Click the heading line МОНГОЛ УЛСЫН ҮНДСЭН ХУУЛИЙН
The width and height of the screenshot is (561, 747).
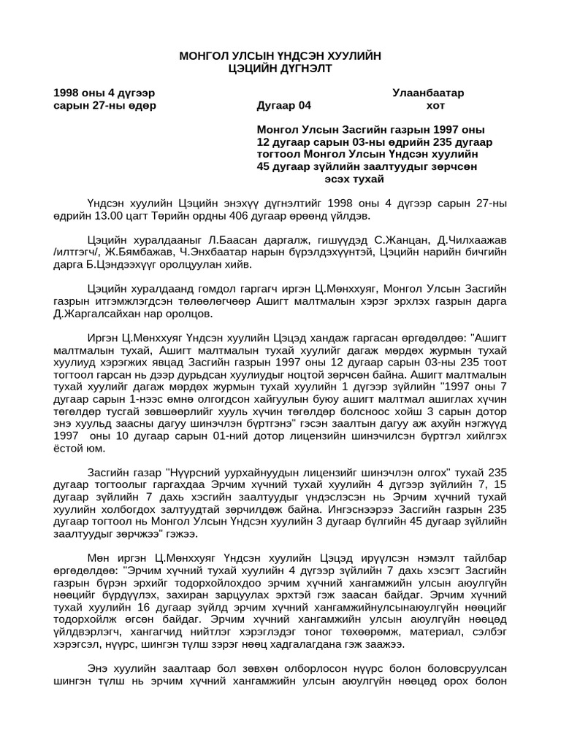coord(280,56)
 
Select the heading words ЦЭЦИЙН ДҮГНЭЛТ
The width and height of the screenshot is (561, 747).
coord(280,69)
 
